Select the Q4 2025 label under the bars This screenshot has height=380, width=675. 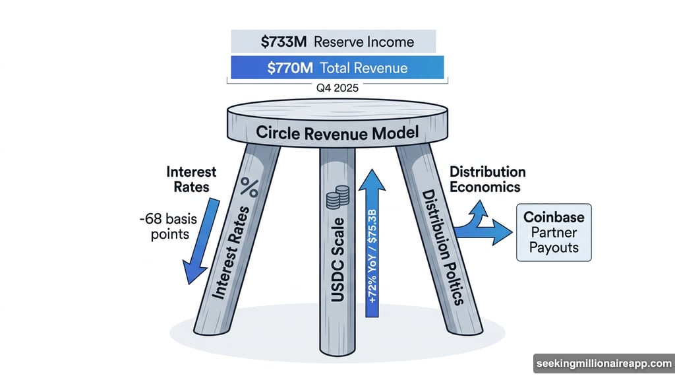337,88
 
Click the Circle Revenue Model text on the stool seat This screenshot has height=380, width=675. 337,133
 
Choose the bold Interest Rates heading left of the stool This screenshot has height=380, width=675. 191,179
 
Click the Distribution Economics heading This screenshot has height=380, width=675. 487,179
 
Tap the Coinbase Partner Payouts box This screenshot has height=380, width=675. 554,233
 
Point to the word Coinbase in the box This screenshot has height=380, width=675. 554,216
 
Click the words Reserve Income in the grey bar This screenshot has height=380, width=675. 364,42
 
